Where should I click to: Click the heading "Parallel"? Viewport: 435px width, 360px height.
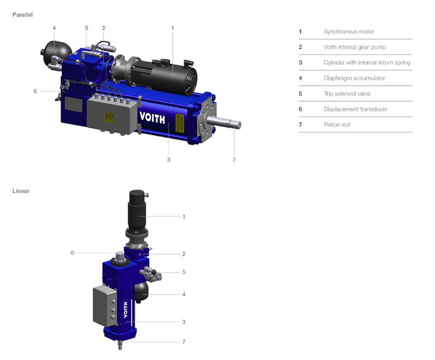tap(22, 14)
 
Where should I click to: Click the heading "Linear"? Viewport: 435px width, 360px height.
tap(20, 191)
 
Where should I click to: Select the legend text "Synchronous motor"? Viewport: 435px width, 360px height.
tap(349, 32)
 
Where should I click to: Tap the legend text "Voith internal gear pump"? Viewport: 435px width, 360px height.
tap(358, 47)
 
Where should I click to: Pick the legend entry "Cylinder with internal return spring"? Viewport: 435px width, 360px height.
tap(367, 62)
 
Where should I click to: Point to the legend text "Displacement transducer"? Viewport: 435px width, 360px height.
tap(357, 109)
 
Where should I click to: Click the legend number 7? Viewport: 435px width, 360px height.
tap(300, 125)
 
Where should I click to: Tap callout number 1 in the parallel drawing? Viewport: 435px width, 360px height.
tap(173, 28)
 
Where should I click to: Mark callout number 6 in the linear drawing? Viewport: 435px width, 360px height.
tap(72, 253)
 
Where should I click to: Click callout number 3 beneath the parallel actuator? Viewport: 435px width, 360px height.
tap(168, 160)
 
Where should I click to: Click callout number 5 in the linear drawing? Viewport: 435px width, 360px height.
tap(184, 272)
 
